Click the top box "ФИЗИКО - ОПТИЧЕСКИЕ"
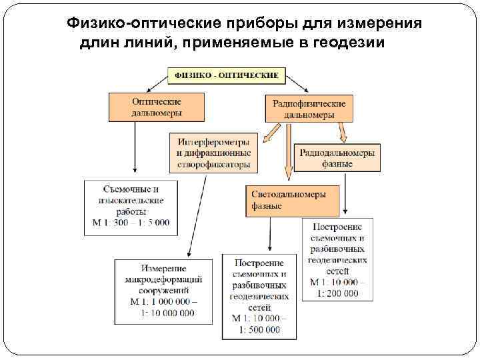(x=226, y=75)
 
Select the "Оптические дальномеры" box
(x=155, y=107)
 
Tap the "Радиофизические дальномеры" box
(x=309, y=109)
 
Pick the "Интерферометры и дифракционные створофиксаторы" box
(x=213, y=153)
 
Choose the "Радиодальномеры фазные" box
(x=337, y=157)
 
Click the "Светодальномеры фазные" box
(x=291, y=200)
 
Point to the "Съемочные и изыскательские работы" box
(x=131, y=207)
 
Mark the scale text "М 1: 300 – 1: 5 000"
(x=131, y=222)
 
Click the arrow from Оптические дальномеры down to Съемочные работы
(x=135, y=151)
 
